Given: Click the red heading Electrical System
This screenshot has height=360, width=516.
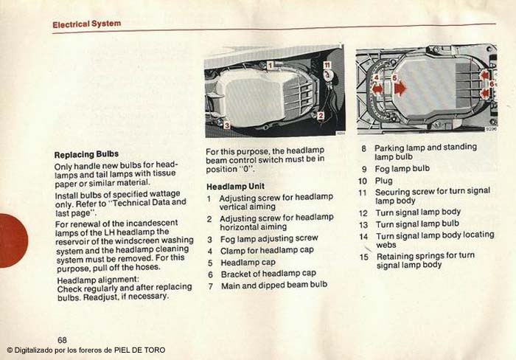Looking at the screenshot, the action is [x=87, y=24].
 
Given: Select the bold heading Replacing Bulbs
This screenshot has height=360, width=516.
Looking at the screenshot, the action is [x=86, y=154].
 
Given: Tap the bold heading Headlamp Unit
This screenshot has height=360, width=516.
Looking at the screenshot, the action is [x=235, y=187].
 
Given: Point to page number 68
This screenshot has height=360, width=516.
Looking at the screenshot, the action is [x=62, y=339].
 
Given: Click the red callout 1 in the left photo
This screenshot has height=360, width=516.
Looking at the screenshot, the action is [x=270, y=65].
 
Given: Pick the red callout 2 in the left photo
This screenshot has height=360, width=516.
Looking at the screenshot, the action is [x=321, y=115].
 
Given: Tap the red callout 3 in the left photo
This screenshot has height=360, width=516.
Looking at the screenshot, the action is [x=227, y=125].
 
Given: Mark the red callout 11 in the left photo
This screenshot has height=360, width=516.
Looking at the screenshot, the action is [x=327, y=65].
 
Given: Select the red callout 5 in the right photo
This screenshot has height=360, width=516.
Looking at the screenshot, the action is [x=394, y=77].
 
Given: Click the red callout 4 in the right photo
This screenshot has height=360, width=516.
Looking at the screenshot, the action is [x=377, y=77].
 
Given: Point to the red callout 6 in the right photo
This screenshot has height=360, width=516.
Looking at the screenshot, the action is [x=492, y=84].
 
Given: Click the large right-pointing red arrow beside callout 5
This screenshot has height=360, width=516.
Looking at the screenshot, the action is [x=400, y=89].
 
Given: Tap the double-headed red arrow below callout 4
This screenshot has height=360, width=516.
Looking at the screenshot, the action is [x=377, y=89].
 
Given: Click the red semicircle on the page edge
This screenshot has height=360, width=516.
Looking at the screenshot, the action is [x=14, y=240].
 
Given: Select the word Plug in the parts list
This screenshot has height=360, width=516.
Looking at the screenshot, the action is [x=384, y=181].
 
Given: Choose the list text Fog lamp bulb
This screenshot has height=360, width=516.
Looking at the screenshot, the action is [x=402, y=169].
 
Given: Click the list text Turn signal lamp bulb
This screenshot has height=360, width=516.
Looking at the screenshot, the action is [x=417, y=224].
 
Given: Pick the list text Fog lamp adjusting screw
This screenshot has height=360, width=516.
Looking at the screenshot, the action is [x=269, y=238].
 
